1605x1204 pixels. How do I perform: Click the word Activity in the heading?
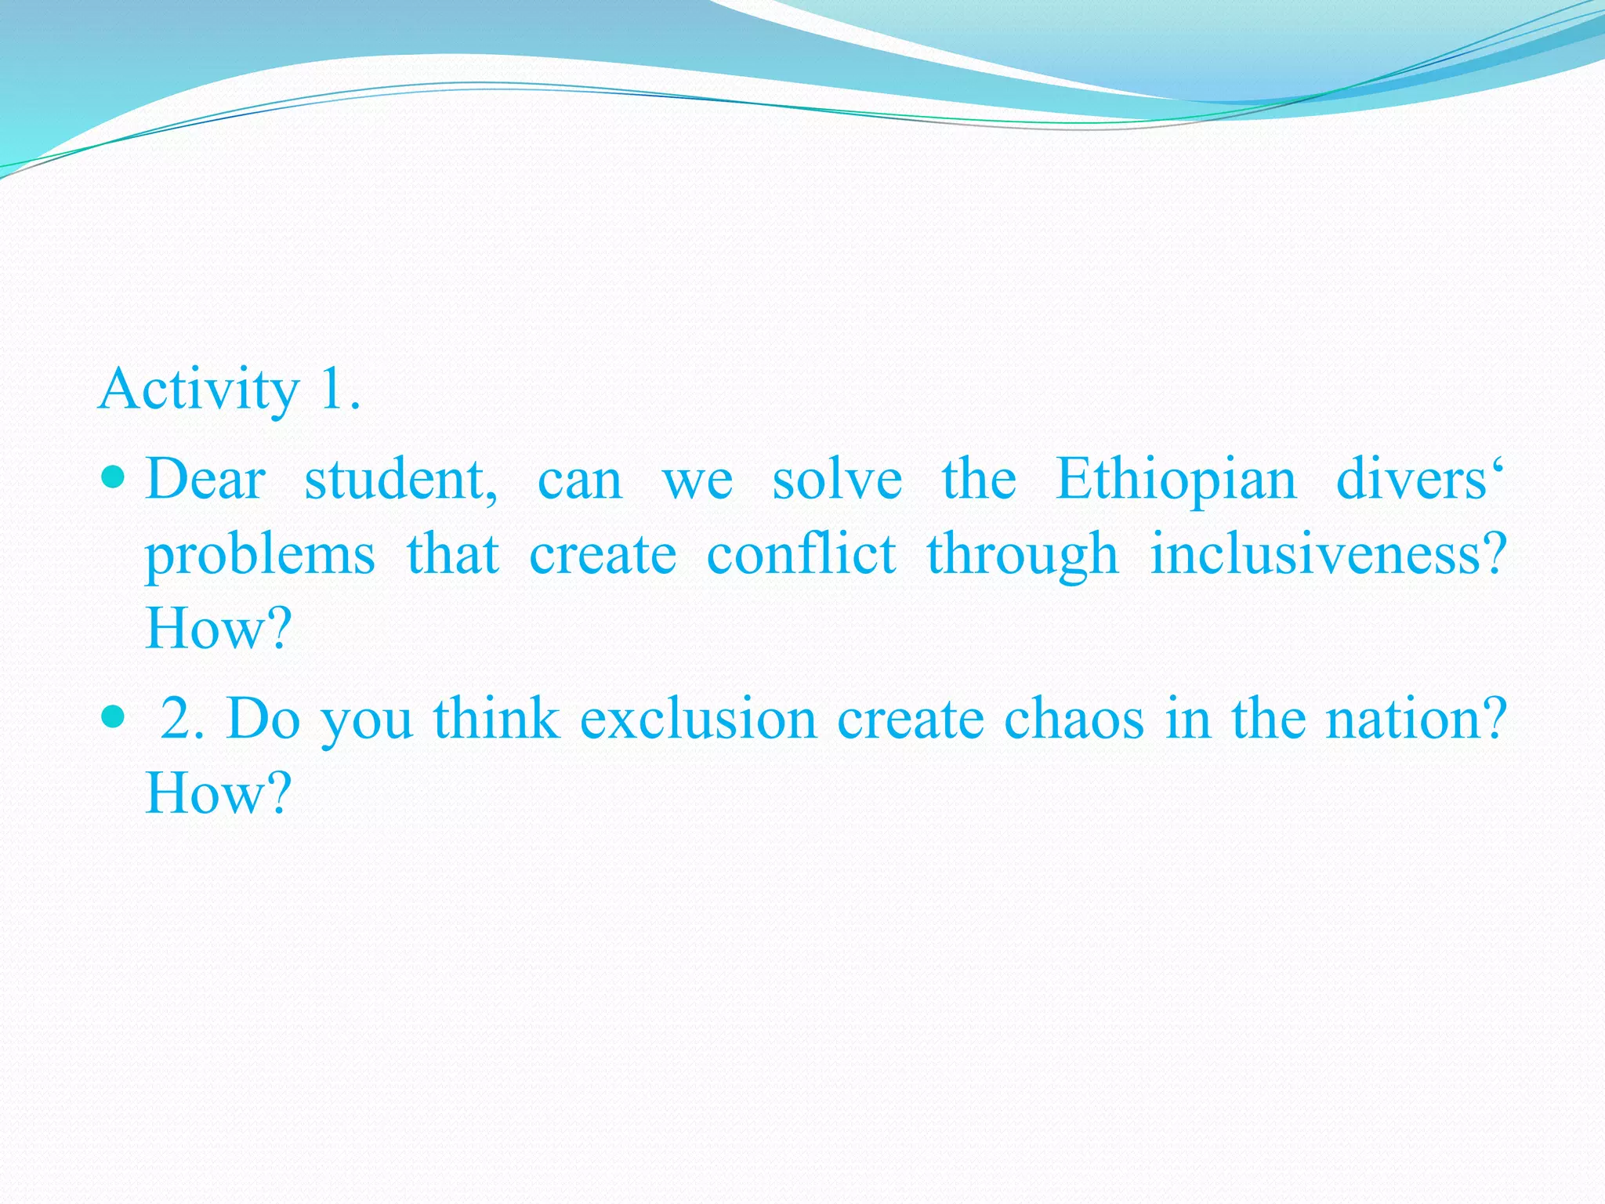199,390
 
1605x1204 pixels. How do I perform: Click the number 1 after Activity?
332,389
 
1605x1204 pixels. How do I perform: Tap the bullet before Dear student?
114,476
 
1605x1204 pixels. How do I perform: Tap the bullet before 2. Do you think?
114,716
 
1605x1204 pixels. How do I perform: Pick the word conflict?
801,555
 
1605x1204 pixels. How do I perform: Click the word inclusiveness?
1328,555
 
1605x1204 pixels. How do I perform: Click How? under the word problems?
218,629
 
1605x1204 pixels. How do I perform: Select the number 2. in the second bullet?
182,719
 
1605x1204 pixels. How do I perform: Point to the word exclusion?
697,719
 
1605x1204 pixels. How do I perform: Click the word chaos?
1074,719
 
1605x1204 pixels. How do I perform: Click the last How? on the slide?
218,793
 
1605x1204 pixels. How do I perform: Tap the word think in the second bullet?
496,719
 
